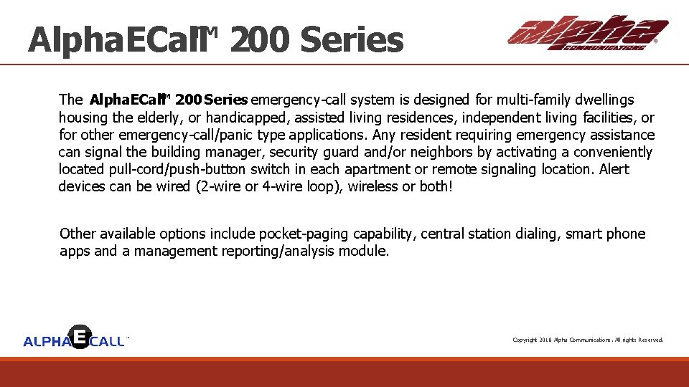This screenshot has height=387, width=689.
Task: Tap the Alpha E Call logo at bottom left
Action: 75,338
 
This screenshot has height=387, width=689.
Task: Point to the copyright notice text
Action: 587,340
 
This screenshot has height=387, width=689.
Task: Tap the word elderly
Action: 159,118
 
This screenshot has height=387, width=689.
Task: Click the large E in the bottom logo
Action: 80,336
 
